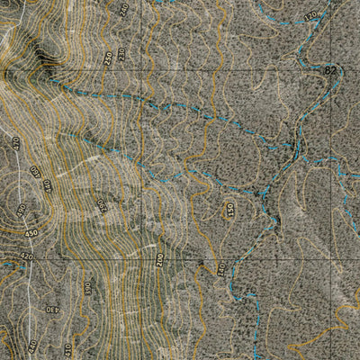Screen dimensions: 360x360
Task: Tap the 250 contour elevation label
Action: pos(108,58)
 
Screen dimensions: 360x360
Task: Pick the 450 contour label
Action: pos(31,234)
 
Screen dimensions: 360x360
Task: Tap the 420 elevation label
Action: pos(25,256)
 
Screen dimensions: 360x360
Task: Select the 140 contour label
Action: pos(219,268)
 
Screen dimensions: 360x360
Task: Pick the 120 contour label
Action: pos(311,16)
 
